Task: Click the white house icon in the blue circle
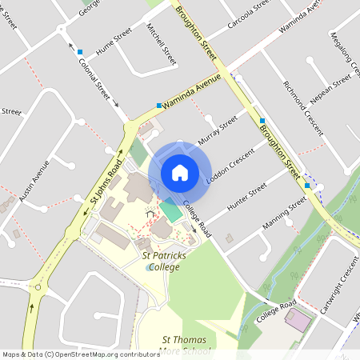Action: pos(180,172)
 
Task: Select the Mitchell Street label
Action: pos(161,43)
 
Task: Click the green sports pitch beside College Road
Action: pos(170,212)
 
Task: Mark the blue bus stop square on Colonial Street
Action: pos(80,52)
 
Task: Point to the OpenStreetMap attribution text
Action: pos(70,354)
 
